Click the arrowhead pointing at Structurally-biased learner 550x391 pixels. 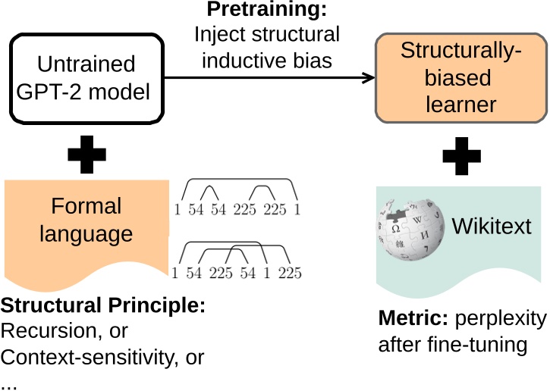(x=369, y=77)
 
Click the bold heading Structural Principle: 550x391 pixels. (x=102, y=309)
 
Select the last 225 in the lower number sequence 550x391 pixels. (x=289, y=274)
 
